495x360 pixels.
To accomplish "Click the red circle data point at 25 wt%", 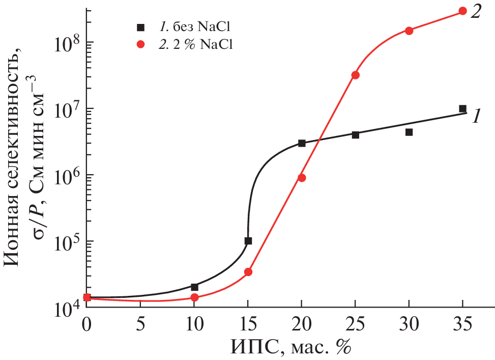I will (355, 75).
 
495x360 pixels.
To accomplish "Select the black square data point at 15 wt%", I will (248, 241).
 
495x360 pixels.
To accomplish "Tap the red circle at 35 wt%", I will (462, 11).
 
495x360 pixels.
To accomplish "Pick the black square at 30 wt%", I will (409, 132).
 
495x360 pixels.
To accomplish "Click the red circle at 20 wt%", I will (302, 178).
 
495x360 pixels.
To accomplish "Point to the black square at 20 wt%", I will (302, 143).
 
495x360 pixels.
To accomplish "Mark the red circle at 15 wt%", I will (248, 272).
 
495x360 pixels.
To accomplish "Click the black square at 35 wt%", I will (462, 108).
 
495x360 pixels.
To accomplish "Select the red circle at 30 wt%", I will (409, 31).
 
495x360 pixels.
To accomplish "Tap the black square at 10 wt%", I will (194, 287).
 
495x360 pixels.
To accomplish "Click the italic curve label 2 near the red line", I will (476, 11).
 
